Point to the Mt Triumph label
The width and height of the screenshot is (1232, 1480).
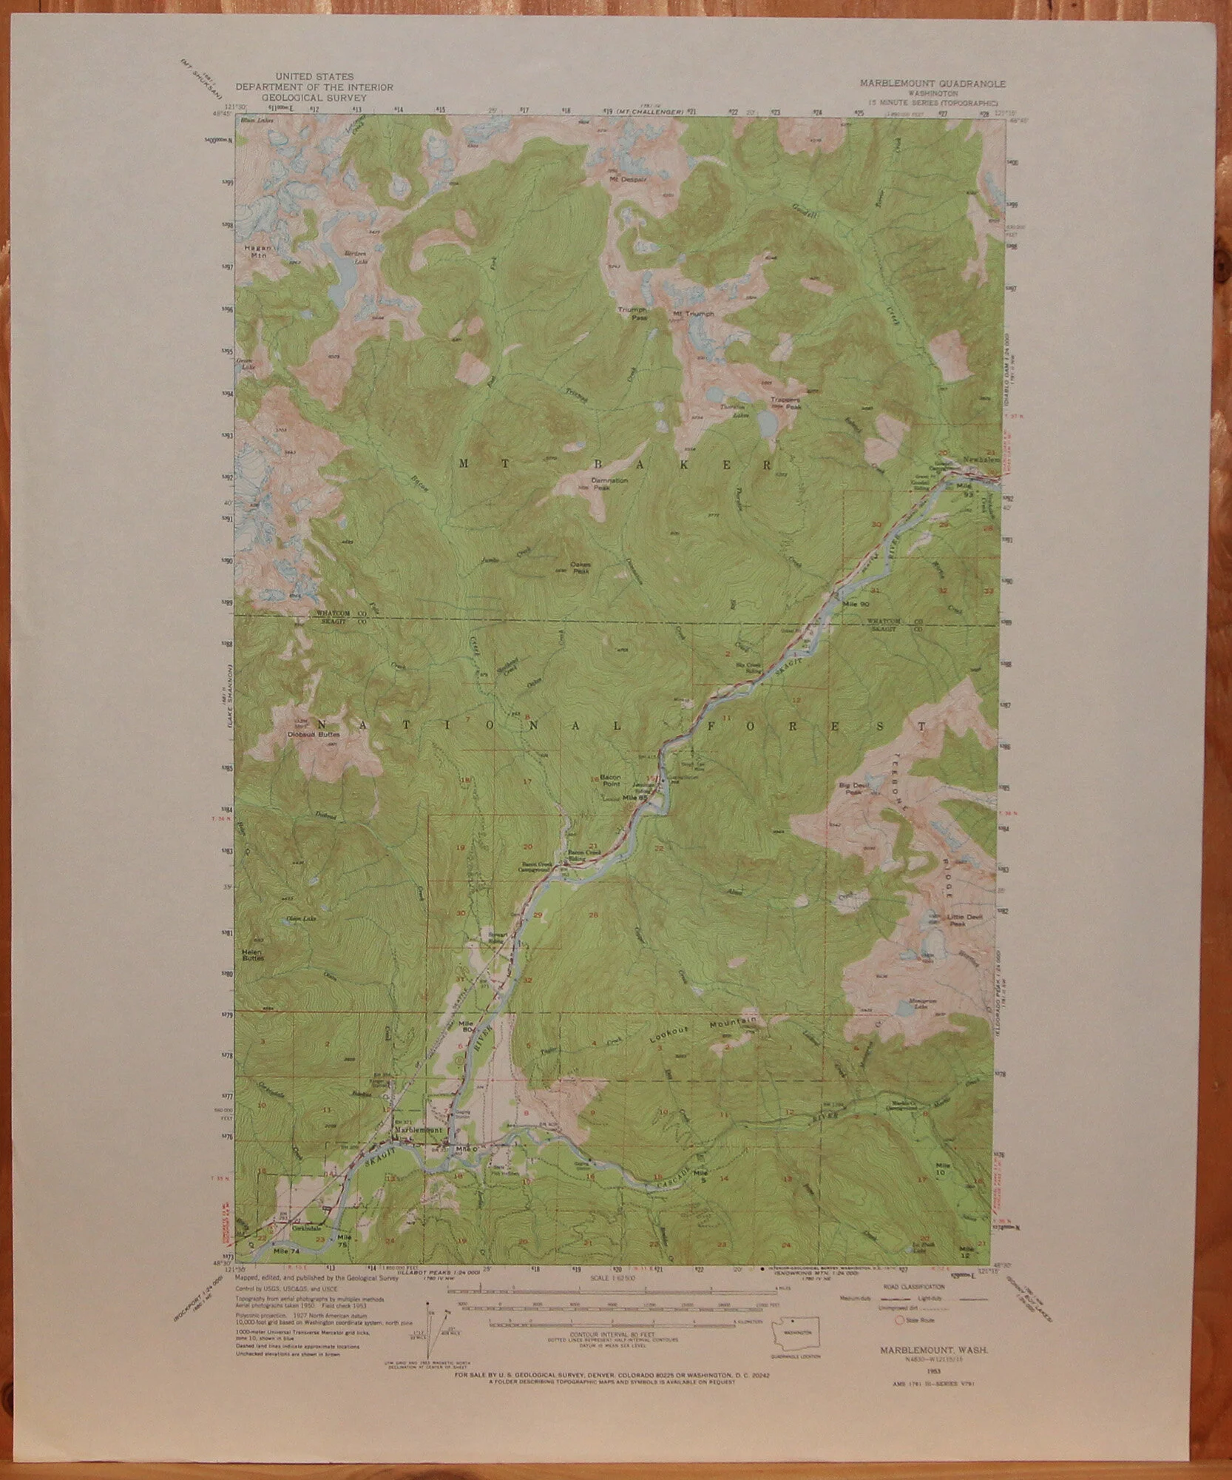point(693,314)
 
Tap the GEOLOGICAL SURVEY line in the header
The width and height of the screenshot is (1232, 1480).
point(314,96)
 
